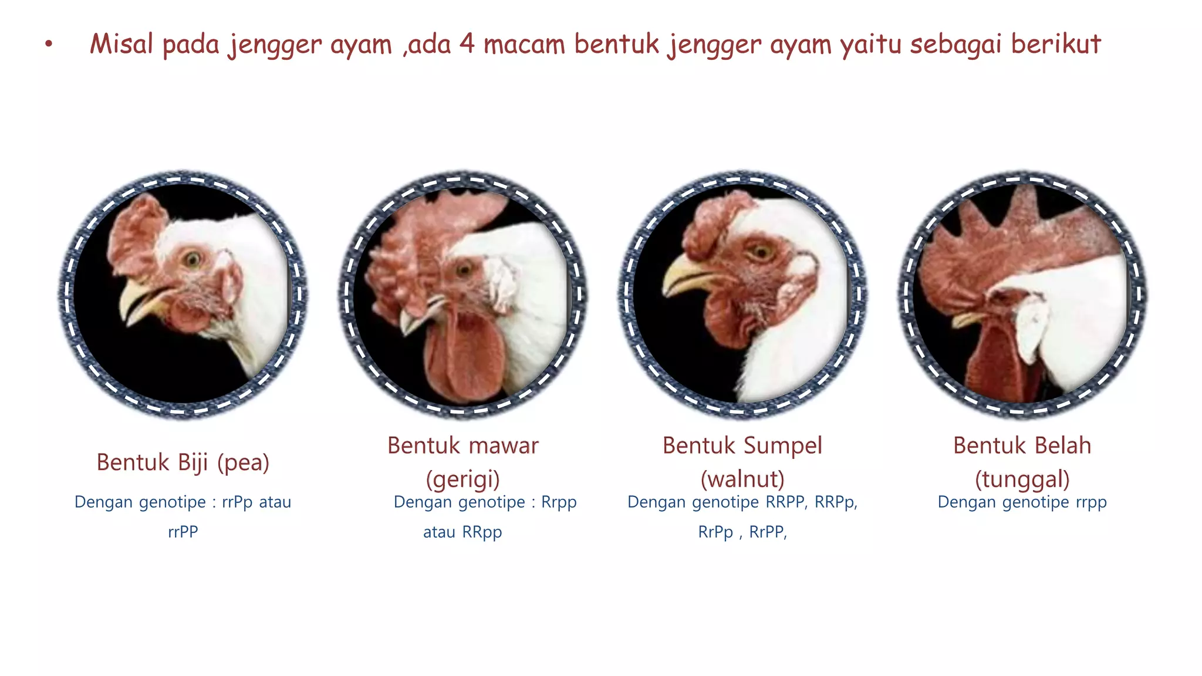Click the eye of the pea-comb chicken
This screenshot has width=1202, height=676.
(192, 258)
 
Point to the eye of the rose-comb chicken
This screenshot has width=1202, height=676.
(465, 269)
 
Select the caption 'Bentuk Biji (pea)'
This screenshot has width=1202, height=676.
(183, 462)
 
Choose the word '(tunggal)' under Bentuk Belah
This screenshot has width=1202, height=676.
(1022, 479)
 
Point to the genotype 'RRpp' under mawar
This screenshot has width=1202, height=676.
(482, 532)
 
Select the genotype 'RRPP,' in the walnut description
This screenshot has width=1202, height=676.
(786, 502)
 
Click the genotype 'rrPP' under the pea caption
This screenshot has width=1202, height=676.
(183, 532)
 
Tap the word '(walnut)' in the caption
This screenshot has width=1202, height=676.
(742, 479)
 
